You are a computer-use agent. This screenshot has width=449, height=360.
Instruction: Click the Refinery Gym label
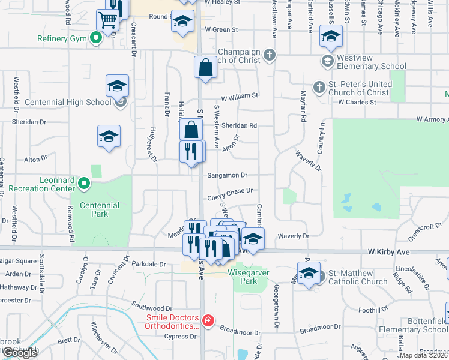click(x=62, y=39)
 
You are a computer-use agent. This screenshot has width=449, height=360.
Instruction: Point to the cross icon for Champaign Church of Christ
click(x=270, y=56)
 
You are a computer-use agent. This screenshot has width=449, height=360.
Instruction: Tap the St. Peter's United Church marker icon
click(x=319, y=88)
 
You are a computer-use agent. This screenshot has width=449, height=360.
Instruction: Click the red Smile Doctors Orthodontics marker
click(x=208, y=321)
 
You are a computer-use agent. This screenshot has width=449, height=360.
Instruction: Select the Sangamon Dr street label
click(x=227, y=175)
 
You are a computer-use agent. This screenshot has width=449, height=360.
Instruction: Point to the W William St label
click(x=239, y=95)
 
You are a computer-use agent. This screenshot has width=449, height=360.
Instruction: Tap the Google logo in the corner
click(x=20, y=353)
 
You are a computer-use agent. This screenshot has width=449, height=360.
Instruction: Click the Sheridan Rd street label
click(x=239, y=126)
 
